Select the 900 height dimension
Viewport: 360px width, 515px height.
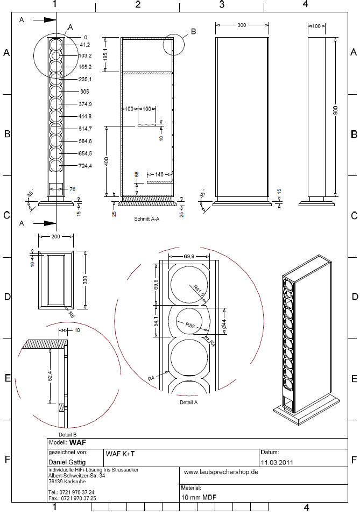pyautogui.click(x=335, y=112)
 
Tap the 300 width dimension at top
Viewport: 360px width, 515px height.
pyautogui.click(x=242, y=25)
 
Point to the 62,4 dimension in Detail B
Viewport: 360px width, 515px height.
pyautogui.click(x=50, y=376)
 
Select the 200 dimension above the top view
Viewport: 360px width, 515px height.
pyautogui.click(x=55, y=236)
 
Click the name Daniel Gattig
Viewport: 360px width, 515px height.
pyautogui.click(x=67, y=462)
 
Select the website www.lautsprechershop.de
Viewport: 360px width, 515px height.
pyautogui.click(x=221, y=472)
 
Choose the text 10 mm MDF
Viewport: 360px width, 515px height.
pyautogui.click(x=199, y=497)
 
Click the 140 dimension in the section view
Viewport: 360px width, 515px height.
pyautogui.click(x=159, y=175)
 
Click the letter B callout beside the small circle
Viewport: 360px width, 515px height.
pyautogui.click(x=193, y=31)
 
